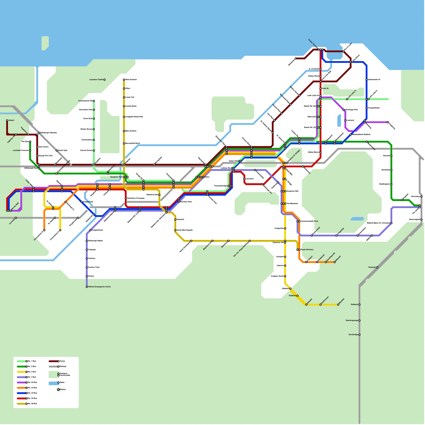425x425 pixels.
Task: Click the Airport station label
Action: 11,120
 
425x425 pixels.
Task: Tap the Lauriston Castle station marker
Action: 104,80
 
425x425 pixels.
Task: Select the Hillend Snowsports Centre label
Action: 99,287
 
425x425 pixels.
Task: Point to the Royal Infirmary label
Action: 307,250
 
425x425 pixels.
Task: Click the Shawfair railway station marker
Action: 377,267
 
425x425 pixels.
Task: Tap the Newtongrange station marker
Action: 359,321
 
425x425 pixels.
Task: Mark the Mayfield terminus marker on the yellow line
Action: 338,305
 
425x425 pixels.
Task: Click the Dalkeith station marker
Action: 306,305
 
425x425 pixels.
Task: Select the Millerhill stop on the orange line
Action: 335,262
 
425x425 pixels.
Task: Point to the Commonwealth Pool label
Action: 309,221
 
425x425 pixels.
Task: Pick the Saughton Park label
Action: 116,177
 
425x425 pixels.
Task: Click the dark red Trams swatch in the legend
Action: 53,361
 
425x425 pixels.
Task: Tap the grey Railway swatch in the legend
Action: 53,367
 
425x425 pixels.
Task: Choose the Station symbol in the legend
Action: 58,390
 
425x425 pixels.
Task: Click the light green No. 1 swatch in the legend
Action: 22,361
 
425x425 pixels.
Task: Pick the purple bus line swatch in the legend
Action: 22,382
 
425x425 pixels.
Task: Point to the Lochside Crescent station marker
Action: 30,151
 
